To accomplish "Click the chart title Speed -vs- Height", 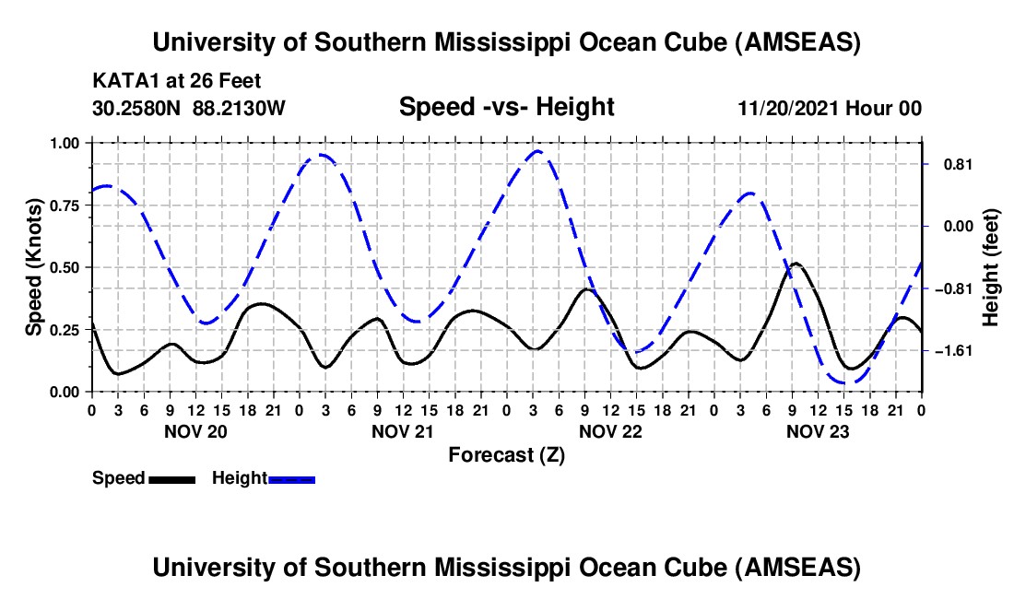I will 506,108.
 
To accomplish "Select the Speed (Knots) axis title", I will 34,266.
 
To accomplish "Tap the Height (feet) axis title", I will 991,268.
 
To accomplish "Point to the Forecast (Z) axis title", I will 506,454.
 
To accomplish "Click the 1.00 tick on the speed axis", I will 64,143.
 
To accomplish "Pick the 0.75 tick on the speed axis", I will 64,206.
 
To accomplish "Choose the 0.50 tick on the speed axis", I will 64,267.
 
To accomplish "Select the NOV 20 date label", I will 195,431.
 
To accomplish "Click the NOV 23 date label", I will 818,431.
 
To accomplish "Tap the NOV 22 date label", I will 610,431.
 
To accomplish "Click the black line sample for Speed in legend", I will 171,478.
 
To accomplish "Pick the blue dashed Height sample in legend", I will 291,478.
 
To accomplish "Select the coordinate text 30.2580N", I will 138,108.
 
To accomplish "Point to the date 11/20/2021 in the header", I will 790,108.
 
